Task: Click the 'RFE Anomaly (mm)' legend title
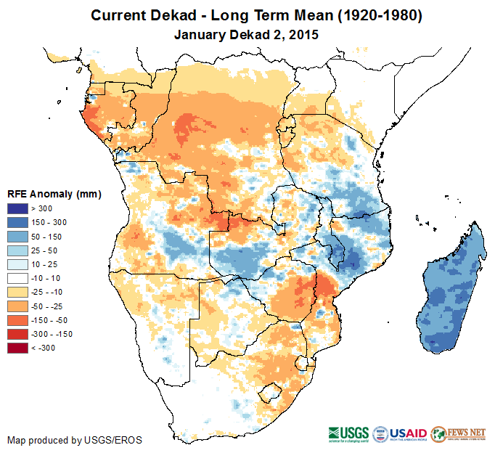pyautogui.click(x=54, y=195)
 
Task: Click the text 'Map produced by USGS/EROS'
pyautogui.click(x=75, y=440)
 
